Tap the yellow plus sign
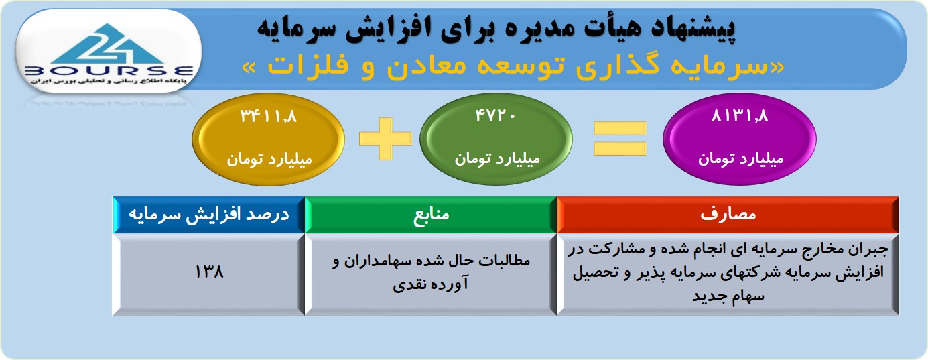click(386, 139)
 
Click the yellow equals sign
click(620, 138)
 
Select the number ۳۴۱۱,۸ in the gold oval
click(269, 116)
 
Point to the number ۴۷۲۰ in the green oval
click(495, 115)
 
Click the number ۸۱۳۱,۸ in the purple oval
click(740, 115)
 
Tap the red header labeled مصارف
click(728, 215)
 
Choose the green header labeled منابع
click(431, 215)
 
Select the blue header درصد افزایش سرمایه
click(209, 215)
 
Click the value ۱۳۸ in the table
click(209, 272)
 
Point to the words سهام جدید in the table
click(728, 296)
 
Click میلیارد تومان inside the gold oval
click(269, 160)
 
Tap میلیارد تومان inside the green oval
click(497, 159)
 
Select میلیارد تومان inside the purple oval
click(741, 159)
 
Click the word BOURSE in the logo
click(109, 71)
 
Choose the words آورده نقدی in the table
click(431, 284)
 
